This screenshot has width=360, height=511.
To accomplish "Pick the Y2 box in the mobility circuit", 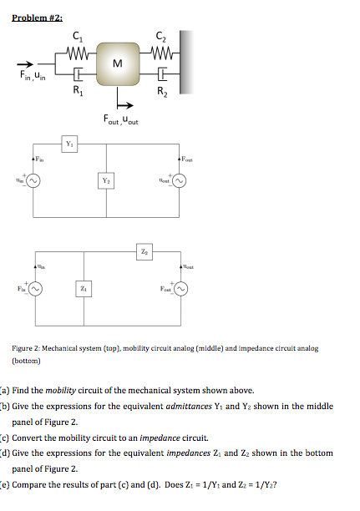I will click(x=106, y=180).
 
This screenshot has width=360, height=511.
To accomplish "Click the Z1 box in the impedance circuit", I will click(x=81, y=288).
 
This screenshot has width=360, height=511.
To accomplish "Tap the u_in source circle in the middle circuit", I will click(x=33, y=179).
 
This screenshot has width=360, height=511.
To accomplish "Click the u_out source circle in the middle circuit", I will click(x=177, y=179).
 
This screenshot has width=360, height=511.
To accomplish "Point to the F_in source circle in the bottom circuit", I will click(x=33, y=288).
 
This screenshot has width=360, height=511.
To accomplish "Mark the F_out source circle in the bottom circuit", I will click(x=177, y=288).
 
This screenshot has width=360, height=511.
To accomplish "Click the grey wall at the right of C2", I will click(x=186, y=62).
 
